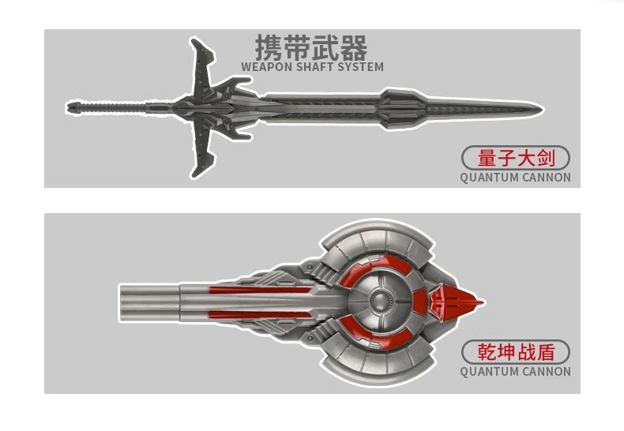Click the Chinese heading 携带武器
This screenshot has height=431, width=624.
click(x=311, y=47)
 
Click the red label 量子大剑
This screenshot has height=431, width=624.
click(x=515, y=158)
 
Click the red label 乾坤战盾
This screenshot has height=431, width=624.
click(x=515, y=352)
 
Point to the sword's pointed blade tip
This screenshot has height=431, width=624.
click(x=538, y=107)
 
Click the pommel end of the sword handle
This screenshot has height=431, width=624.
click(x=72, y=105)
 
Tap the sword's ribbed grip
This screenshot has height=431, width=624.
click(x=118, y=105)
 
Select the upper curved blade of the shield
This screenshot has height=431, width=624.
click(x=379, y=237)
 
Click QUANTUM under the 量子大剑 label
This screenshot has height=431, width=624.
click(x=489, y=178)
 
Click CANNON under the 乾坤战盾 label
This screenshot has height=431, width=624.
click(x=547, y=372)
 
